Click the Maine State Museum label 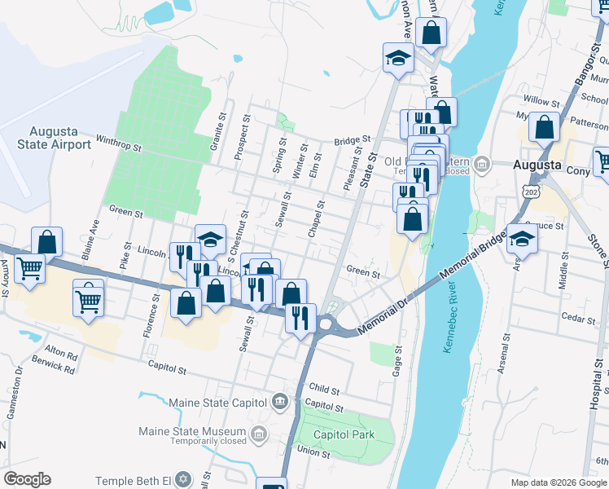pos(192,431)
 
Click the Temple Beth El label pos(134,482)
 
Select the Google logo pos(28,479)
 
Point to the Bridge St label pos(352,141)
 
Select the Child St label pos(323,390)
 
